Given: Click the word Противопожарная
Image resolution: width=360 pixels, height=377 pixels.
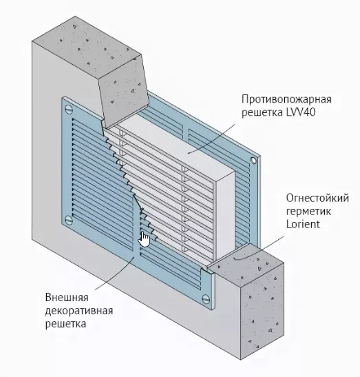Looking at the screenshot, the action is [286, 99].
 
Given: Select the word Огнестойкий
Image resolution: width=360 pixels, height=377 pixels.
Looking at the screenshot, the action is [317, 198].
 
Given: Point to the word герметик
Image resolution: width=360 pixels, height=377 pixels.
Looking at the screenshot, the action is [308, 212].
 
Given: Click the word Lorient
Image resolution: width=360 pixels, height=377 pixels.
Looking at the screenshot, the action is [303, 224].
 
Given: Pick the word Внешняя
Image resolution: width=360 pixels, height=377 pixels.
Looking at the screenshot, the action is [67, 298].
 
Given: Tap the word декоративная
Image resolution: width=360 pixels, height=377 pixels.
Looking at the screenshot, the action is [79, 311].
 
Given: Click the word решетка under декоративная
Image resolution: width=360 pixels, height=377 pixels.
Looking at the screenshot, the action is [65, 324].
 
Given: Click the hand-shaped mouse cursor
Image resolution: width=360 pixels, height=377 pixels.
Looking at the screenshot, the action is [144, 239].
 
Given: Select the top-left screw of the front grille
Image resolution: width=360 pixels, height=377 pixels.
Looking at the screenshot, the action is [69, 110].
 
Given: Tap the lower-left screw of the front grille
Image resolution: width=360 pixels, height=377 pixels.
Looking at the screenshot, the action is [69, 220].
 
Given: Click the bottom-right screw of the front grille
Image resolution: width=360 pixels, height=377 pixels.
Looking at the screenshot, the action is [206, 299].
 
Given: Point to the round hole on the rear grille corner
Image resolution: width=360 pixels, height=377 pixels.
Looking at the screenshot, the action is [253, 161].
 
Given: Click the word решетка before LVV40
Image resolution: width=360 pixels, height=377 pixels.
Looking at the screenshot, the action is [262, 112].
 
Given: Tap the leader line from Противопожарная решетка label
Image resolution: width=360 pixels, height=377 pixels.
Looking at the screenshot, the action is [212, 139].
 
